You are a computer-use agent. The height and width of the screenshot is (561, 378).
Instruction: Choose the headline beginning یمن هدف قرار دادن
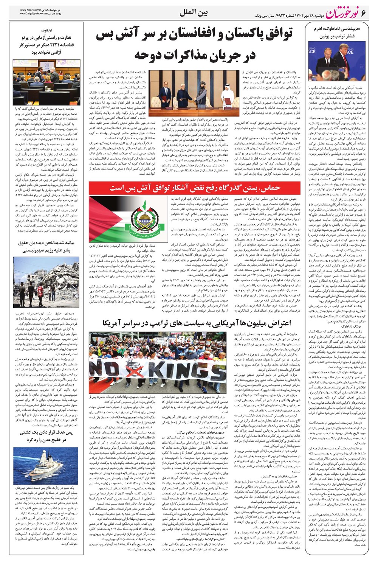point(45,435)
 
